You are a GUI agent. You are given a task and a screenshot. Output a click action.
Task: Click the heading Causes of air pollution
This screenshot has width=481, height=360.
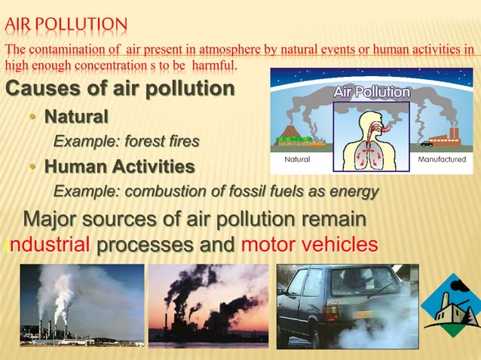pos(120,90)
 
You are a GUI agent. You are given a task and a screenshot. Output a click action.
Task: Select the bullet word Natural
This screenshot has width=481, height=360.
pos(76,117)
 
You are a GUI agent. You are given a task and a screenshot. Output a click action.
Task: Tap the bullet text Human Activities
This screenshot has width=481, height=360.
pos(119,166)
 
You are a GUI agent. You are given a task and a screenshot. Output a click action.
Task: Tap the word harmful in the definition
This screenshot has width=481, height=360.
pos(215,66)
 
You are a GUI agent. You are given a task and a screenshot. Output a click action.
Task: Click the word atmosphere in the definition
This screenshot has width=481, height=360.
pos(228,50)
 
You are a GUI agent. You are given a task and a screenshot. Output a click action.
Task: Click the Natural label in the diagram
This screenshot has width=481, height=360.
pos(296,160)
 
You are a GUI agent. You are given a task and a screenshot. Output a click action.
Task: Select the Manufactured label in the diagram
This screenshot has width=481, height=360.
pos(441,160)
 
